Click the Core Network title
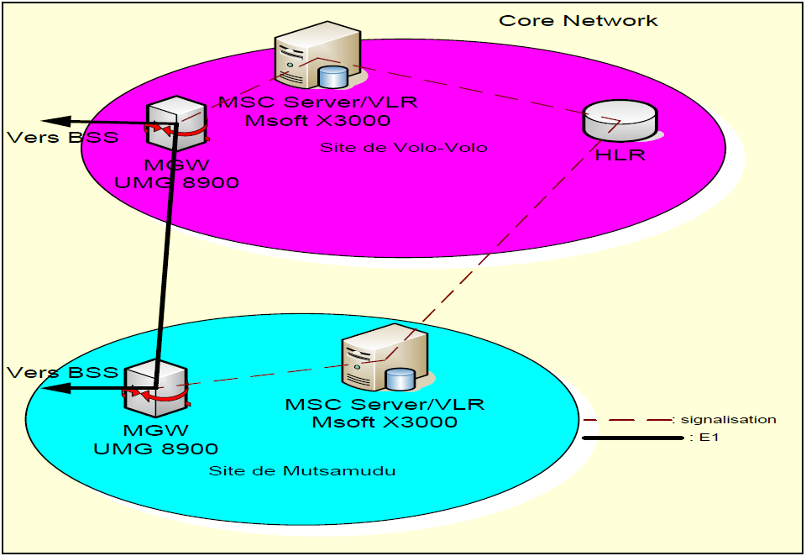point(578,20)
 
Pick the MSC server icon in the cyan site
point(385,362)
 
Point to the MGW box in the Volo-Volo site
point(176,124)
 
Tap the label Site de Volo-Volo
point(403,148)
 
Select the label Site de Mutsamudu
point(301,471)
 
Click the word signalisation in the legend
point(729,419)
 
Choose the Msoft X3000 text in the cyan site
point(385,422)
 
